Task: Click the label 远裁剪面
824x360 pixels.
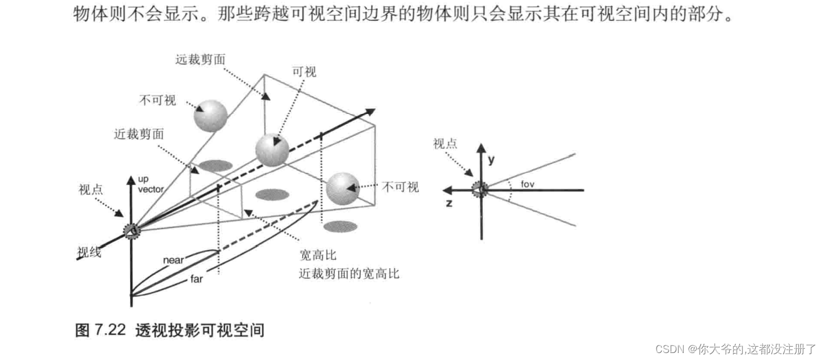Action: (x=199, y=59)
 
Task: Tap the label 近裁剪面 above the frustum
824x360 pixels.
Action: (x=139, y=134)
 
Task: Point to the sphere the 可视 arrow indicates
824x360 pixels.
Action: (x=272, y=150)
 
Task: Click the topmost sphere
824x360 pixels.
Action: (x=210, y=116)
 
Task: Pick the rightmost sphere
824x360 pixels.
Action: (x=343, y=188)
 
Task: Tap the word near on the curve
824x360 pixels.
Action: (x=173, y=260)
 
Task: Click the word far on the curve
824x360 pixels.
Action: (x=197, y=279)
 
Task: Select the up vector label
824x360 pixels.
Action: (x=150, y=185)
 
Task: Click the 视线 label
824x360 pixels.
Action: (x=89, y=252)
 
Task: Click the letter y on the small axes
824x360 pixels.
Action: (x=491, y=159)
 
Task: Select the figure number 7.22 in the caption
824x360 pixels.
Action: (x=109, y=331)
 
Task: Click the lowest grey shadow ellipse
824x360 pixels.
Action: (x=340, y=226)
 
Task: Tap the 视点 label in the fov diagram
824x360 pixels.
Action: (x=445, y=143)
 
